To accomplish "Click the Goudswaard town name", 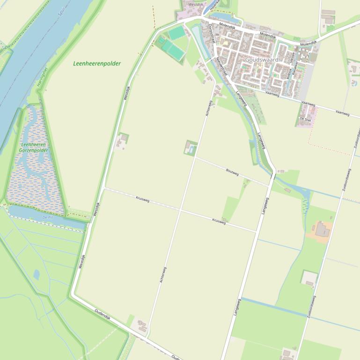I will pyautogui.click(x=262, y=60).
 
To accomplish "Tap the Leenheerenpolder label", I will pyautogui.click(x=97, y=64).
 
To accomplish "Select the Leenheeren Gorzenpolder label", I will pyautogui.click(x=34, y=148).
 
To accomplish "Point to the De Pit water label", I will pyautogui.click(x=47, y=218).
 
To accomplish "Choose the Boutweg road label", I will pyautogui.click(x=232, y=173).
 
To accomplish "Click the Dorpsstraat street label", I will pyautogui.click(x=211, y=34).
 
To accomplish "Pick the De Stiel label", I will pyautogui.click(x=305, y=119).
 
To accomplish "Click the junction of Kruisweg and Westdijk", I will pyautogui.click(x=104, y=188).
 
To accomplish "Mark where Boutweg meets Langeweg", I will pyautogui.click(x=271, y=186).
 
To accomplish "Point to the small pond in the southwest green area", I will pyautogui.click(x=37, y=274).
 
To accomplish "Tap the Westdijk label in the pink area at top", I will pyautogui.click(x=196, y=5).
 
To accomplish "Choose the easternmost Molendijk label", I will pyautogui.click(x=309, y=43).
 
